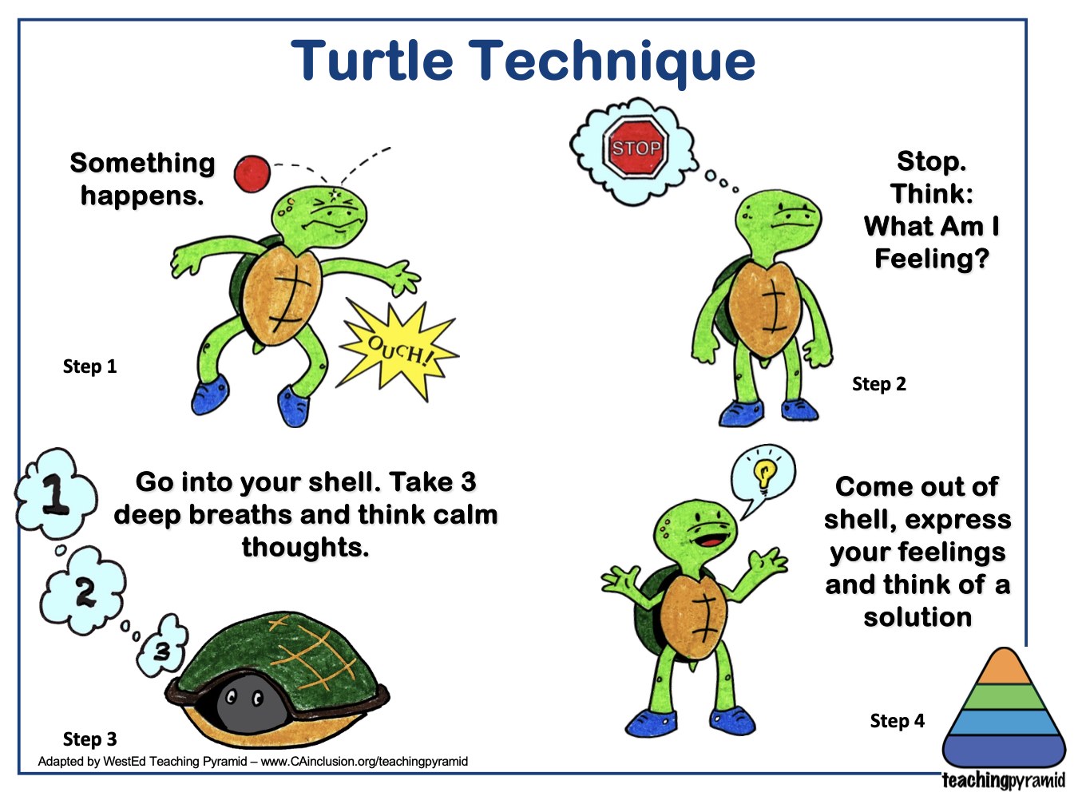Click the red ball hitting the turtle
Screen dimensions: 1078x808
coord(252,174)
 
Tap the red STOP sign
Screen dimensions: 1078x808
coord(636,147)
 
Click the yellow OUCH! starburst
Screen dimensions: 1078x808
coord(398,351)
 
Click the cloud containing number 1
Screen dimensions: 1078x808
coord(55,493)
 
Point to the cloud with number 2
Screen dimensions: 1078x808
coord(82,591)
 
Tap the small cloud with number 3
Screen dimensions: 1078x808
coord(161,646)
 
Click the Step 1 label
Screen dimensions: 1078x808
coord(90,366)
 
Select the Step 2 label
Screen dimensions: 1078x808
coord(879,384)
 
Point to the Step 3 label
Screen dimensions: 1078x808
coord(90,739)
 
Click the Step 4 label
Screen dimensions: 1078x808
coord(898,721)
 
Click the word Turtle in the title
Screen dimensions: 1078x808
coord(372,60)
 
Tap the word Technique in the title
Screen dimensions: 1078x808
coord(612,63)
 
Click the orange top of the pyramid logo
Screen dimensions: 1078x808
coord(1004,667)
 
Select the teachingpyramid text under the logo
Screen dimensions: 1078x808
coord(1004,780)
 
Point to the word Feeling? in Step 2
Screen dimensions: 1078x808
coord(932,258)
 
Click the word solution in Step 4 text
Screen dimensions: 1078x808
coord(917,617)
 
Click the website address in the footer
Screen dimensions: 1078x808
coord(364,762)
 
